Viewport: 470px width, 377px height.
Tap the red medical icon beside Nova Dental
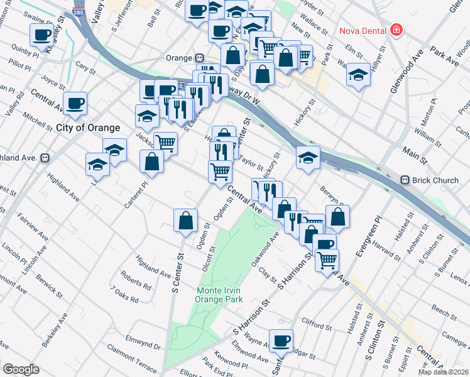396,30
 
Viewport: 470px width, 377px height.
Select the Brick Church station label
435,181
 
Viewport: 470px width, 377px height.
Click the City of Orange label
88,128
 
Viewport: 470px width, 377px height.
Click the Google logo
21,369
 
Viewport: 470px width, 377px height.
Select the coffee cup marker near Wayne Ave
281,341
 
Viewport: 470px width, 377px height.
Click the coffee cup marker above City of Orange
75,103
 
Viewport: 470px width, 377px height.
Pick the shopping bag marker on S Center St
185,220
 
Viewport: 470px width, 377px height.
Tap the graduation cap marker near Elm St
358,75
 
